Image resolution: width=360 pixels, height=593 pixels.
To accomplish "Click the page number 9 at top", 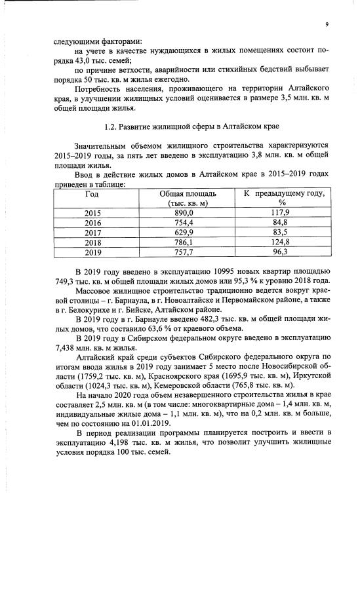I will coord(325,25).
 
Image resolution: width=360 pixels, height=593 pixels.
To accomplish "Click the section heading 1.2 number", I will coord(111,125).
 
